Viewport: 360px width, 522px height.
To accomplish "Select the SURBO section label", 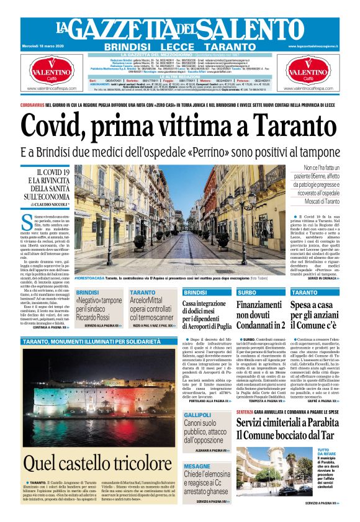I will (246, 292).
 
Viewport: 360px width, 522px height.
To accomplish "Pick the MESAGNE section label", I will (197, 466).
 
